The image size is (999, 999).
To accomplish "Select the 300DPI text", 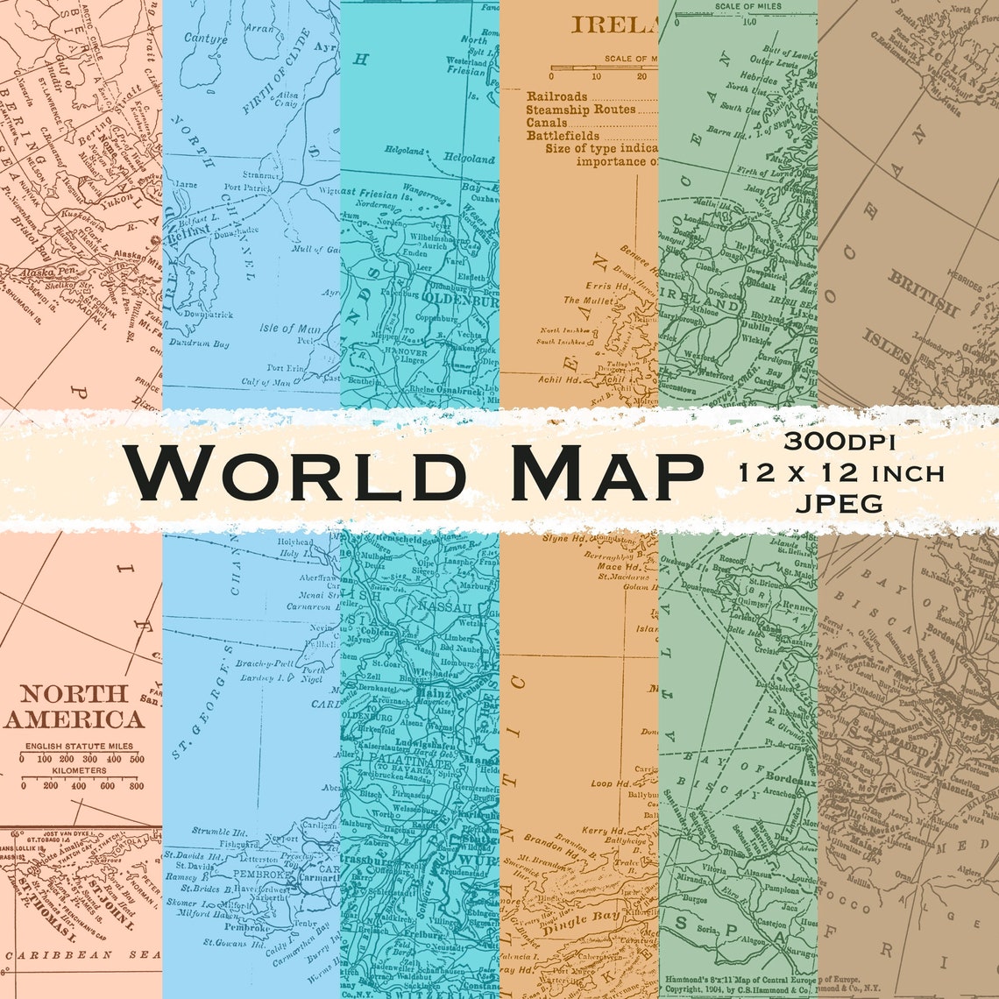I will pos(840,443).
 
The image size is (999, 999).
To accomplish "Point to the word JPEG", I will pos(840,502).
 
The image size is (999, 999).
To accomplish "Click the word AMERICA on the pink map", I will pos(74,720).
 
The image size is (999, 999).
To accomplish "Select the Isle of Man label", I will pos(288,329).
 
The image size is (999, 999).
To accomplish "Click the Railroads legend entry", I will pos(557,96).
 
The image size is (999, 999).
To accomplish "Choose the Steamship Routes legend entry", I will pos(580,110).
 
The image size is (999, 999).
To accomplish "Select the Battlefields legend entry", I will pos(563,136).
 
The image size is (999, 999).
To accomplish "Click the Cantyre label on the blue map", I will pos(206,39).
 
